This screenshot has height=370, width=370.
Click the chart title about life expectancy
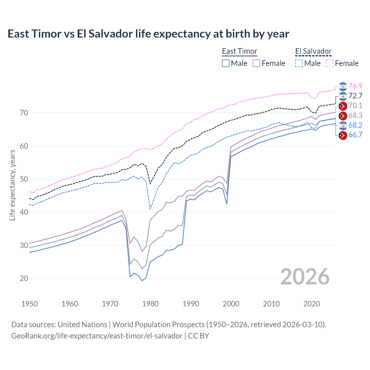point(148,34)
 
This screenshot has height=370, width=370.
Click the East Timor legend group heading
point(239,51)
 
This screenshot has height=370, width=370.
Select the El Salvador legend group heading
point(313,51)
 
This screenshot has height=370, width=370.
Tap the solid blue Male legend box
point(226,63)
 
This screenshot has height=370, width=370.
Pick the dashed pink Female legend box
point(330,63)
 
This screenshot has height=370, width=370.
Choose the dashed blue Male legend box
point(299,63)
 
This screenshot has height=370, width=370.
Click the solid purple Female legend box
point(256,63)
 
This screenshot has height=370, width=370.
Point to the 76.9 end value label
point(355,86)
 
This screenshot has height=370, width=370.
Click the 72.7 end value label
point(355,96)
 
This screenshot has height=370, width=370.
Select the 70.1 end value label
point(355,106)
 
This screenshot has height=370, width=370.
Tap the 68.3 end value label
point(355,116)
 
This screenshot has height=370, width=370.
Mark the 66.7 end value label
point(355,135)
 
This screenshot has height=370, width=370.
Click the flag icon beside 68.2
point(343,125)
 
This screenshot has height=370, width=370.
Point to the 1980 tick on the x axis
point(150,304)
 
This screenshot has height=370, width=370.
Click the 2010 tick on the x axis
point(271,304)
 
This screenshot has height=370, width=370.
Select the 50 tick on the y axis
point(24,179)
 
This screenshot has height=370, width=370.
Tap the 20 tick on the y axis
point(24,279)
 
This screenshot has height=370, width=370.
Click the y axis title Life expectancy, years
point(12,185)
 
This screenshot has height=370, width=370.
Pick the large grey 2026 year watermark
point(305,277)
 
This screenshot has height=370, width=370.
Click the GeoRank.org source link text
point(97,336)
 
